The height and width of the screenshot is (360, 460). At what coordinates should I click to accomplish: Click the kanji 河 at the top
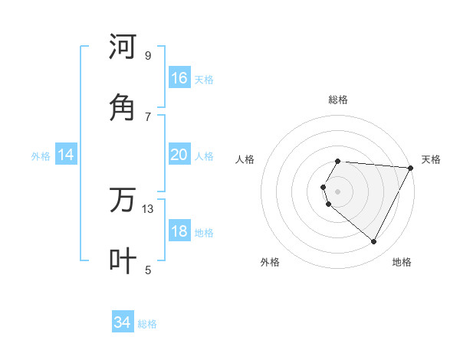tap(123, 47)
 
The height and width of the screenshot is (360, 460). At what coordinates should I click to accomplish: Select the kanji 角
tap(123, 108)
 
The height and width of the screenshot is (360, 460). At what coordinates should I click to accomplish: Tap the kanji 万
tap(123, 200)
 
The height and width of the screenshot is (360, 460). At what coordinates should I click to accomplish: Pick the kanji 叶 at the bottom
tap(123, 261)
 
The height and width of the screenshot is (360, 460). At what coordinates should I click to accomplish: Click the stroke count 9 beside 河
tap(148, 55)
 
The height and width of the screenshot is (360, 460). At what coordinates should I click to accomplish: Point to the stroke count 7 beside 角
tap(148, 116)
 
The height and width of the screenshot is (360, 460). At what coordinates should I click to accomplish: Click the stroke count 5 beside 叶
tap(148, 270)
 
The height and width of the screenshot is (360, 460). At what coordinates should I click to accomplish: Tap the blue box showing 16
tap(179, 78)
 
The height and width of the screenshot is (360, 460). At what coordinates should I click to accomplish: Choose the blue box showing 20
tap(179, 155)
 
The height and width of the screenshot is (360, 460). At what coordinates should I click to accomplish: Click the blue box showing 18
tap(179, 231)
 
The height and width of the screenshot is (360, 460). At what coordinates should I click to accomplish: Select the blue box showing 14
tap(66, 155)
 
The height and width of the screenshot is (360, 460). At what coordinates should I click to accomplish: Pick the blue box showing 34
tap(123, 322)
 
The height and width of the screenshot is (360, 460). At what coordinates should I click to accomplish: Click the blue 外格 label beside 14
tap(41, 155)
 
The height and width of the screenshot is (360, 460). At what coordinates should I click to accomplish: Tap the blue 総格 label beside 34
tap(147, 324)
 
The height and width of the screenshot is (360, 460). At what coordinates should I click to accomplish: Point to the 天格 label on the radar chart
tap(431, 159)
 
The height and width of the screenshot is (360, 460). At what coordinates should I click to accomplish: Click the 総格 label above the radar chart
tap(338, 100)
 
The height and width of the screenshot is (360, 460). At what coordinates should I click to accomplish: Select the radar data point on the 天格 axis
tap(411, 168)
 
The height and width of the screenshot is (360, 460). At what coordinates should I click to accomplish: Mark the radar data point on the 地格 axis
tap(374, 241)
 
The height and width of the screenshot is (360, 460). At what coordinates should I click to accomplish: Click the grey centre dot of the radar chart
tap(338, 191)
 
